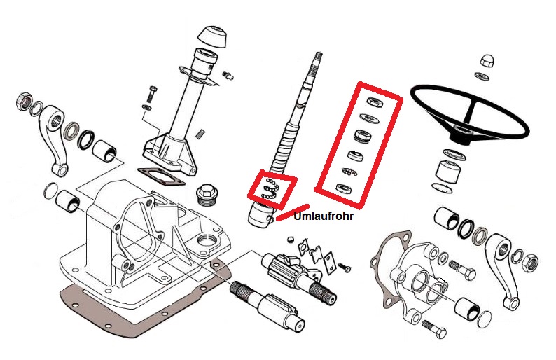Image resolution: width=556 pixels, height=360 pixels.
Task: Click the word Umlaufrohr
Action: (x=324, y=217)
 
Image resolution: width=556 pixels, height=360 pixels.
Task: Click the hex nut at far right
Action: (x=531, y=263)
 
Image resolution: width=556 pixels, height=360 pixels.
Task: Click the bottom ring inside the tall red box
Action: (x=342, y=188)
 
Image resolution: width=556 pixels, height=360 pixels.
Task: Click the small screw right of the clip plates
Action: (x=343, y=267)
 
